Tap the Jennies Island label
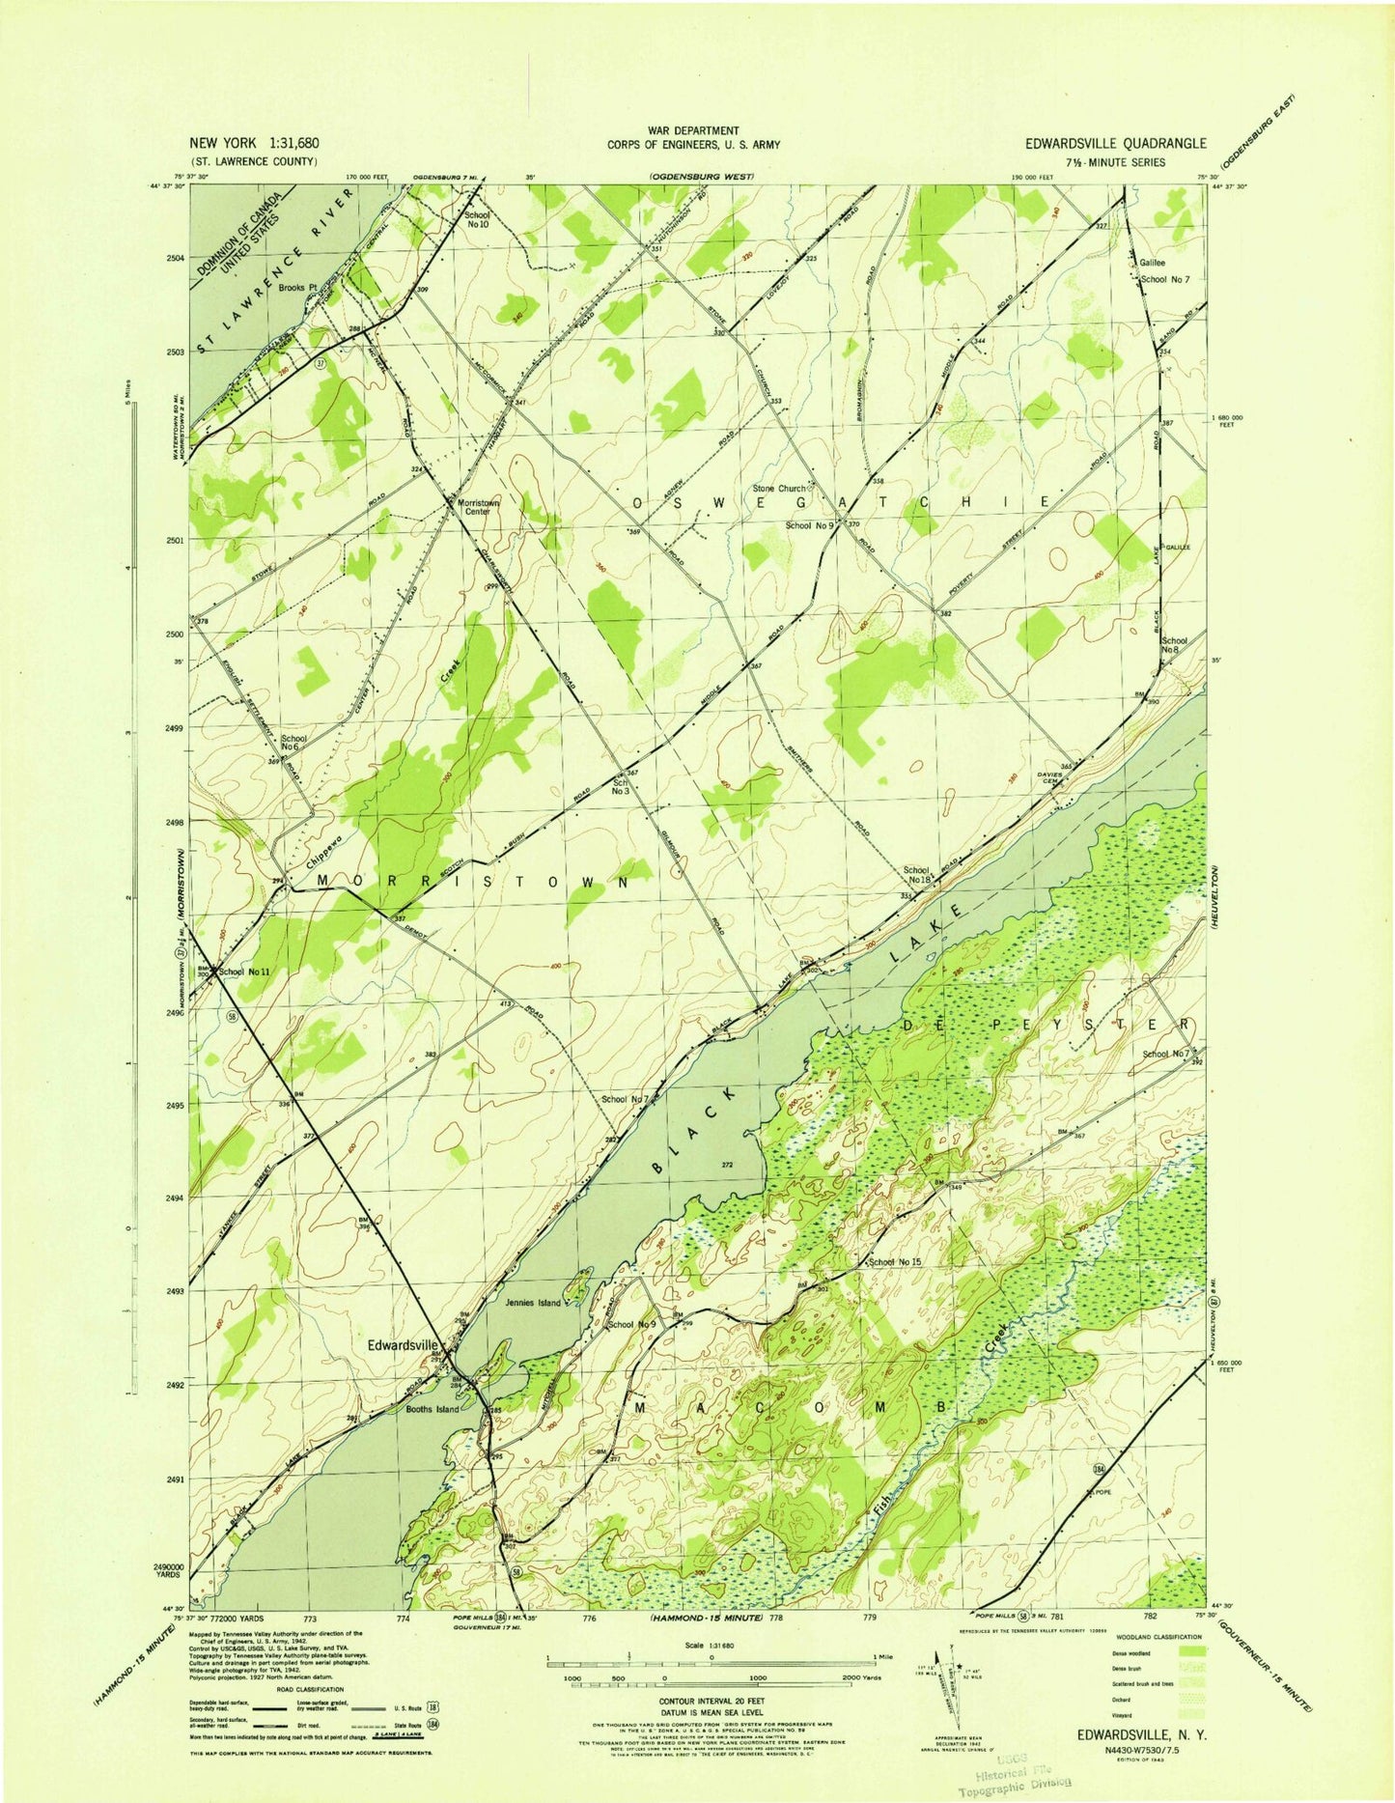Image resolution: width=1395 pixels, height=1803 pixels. tap(533, 1304)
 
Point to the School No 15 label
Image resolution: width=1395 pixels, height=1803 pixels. tap(897, 1262)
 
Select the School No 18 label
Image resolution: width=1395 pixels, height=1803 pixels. tap(917, 875)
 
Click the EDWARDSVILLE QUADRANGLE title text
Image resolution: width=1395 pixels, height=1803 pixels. tap(1116, 143)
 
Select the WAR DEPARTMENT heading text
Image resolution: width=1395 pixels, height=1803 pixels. tap(693, 130)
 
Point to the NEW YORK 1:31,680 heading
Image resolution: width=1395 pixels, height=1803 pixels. tap(255, 142)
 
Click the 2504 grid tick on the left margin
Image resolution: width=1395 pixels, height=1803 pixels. tap(175, 258)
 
